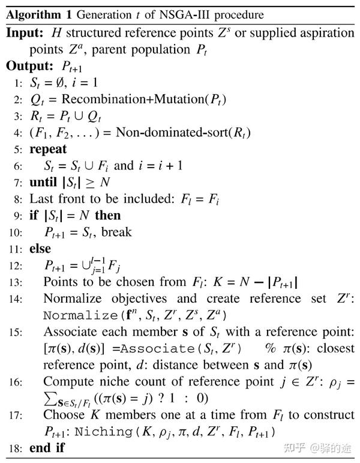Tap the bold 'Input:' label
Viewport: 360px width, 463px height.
[25, 32]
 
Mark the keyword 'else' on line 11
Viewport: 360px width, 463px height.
[40, 248]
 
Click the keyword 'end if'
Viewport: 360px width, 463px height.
[47, 448]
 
